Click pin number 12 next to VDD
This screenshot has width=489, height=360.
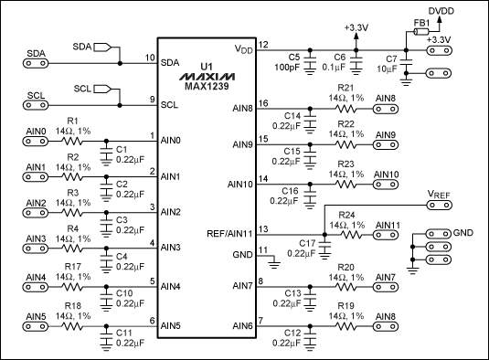263,44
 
